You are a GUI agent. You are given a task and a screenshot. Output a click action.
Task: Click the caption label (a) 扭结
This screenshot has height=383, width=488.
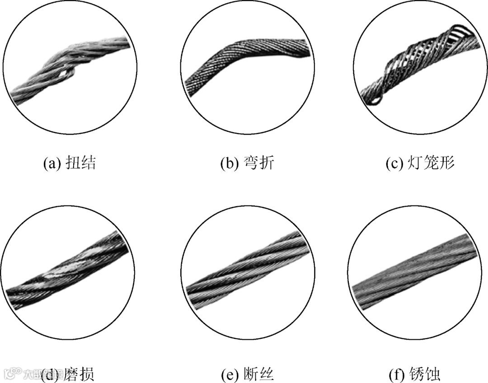tap(69, 163)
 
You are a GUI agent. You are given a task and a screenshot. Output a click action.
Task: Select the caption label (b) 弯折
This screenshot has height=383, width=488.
tap(247, 163)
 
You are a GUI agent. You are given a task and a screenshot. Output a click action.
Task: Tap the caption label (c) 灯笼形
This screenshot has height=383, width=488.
tap(420, 163)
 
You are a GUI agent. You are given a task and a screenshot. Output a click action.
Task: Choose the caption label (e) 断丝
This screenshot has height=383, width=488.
tap(247, 374)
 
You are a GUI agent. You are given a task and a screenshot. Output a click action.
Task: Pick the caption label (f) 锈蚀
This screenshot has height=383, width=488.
tap(414, 374)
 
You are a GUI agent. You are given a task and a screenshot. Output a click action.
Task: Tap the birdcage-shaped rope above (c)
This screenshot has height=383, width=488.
tap(420, 68)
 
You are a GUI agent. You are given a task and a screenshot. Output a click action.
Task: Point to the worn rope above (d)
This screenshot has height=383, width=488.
tap(68, 271)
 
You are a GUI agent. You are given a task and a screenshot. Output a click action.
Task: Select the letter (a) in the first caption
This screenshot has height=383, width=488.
tap(51, 163)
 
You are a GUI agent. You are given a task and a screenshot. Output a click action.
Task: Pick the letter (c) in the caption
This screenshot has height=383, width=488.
tap(394, 163)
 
